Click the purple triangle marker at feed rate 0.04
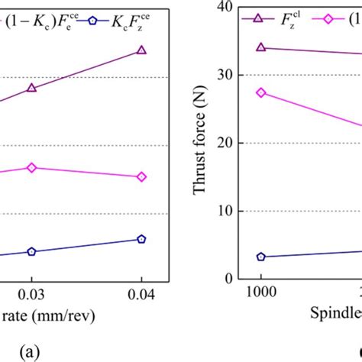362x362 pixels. point(141,51)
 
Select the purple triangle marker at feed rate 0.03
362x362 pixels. point(31,88)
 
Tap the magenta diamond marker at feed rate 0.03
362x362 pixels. point(31,167)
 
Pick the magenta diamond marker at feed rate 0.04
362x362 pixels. point(141,177)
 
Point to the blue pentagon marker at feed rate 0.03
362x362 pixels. point(31,251)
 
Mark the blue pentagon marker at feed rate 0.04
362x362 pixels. point(141,239)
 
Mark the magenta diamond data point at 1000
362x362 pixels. point(260,92)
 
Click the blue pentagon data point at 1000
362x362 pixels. point(260,257)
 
